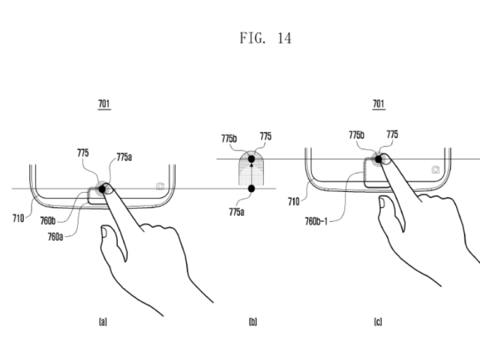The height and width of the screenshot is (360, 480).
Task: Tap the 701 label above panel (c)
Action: tap(379, 103)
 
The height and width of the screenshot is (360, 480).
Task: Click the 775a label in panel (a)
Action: tap(124, 157)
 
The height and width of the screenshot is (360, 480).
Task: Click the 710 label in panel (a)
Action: tap(18, 218)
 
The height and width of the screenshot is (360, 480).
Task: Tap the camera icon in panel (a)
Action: tap(160, 186)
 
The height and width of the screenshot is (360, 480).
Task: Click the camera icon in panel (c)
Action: tap(435, 169)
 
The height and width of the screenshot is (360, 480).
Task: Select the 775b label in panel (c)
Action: tap(356, 134)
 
